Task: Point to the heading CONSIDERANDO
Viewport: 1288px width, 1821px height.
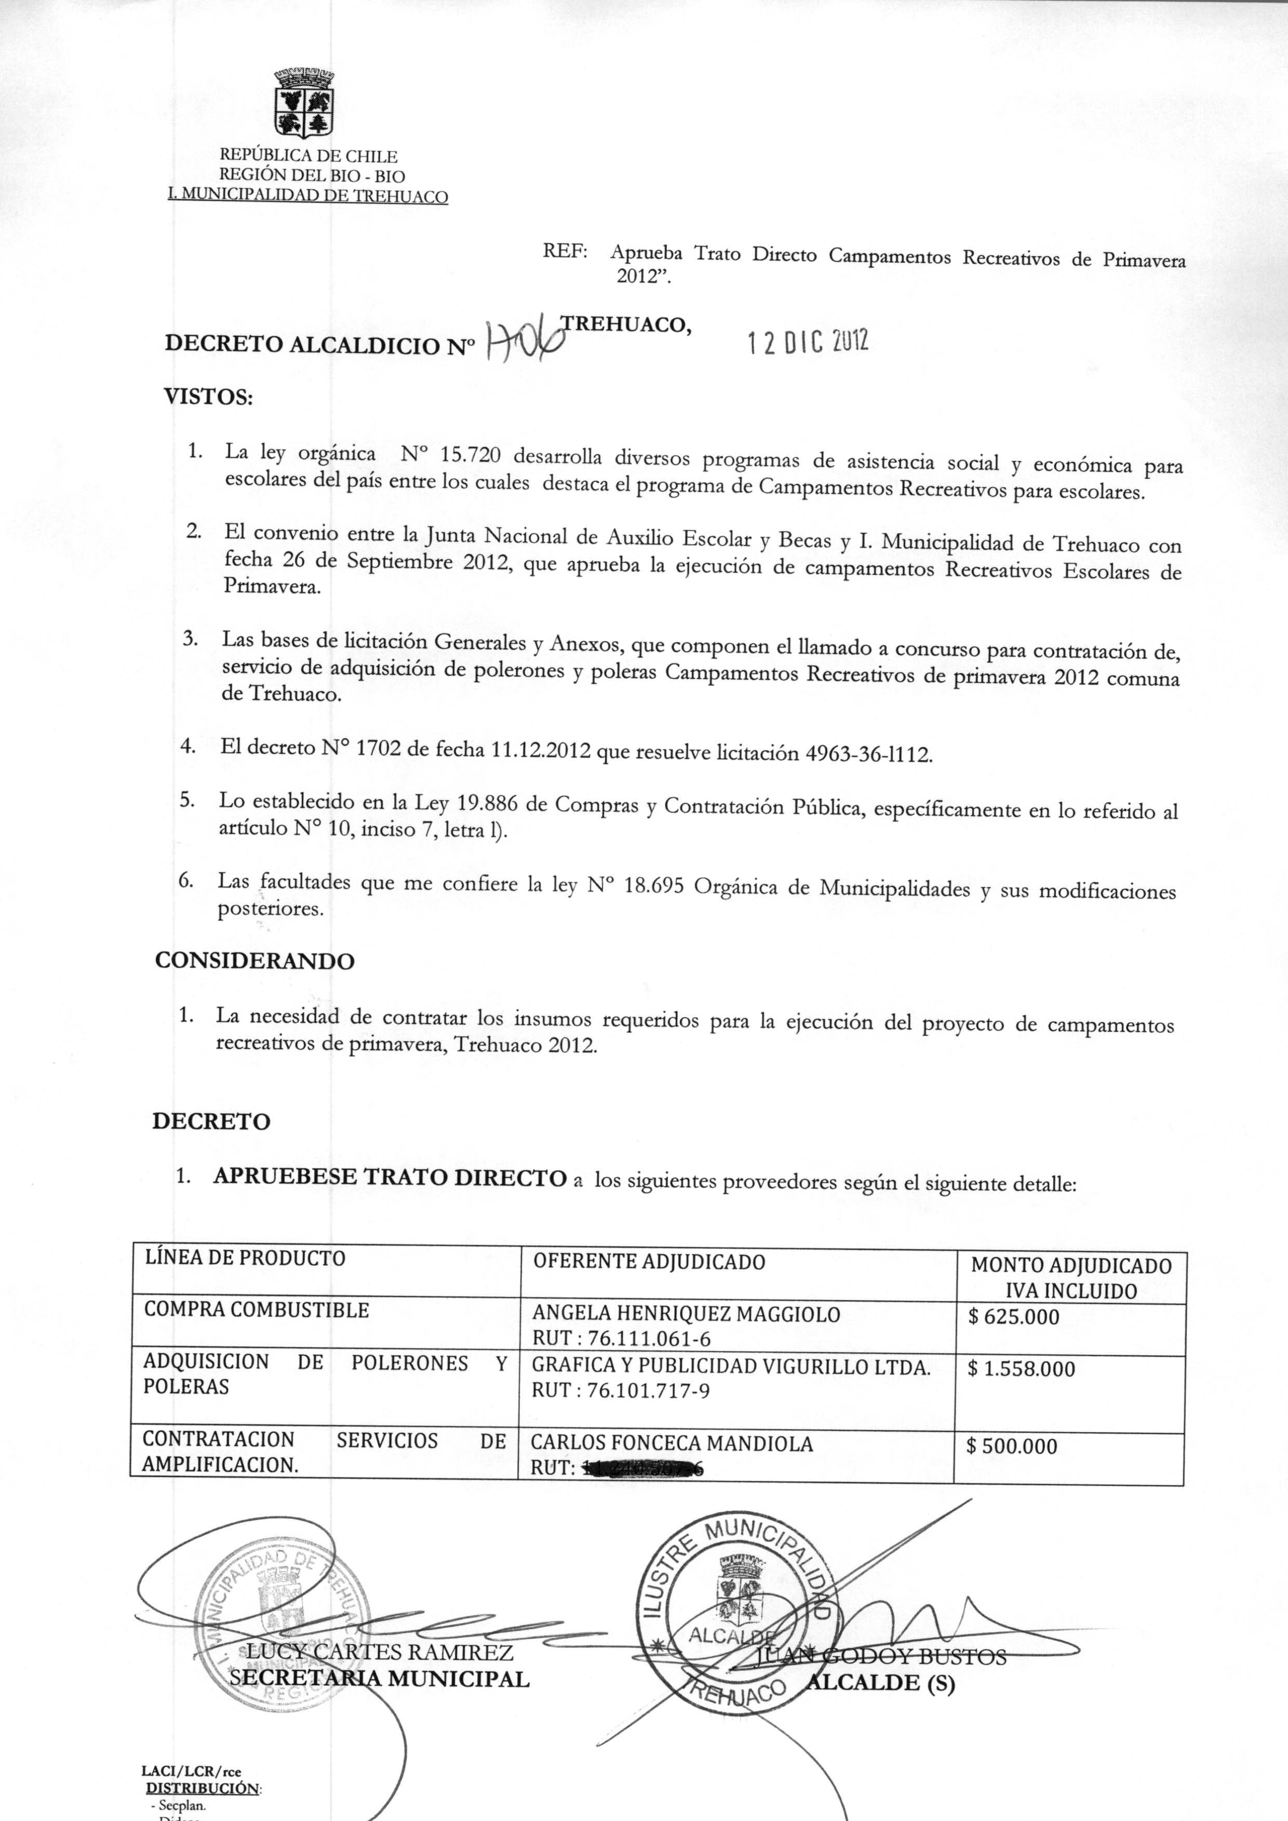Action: tap(254, 961)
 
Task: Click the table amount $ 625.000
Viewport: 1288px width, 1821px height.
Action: tap(1014, 1317)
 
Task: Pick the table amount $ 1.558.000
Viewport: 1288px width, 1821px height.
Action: tap(1022, 1369)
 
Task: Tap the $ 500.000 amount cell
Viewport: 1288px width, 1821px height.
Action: tap(1012, 1446)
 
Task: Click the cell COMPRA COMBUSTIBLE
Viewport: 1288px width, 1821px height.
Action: tap(256, 1310)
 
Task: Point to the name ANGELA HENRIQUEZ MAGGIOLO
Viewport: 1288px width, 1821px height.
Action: tap(686, 1314)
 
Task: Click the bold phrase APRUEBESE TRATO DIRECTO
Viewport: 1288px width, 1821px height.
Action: tap(390, 1178)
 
